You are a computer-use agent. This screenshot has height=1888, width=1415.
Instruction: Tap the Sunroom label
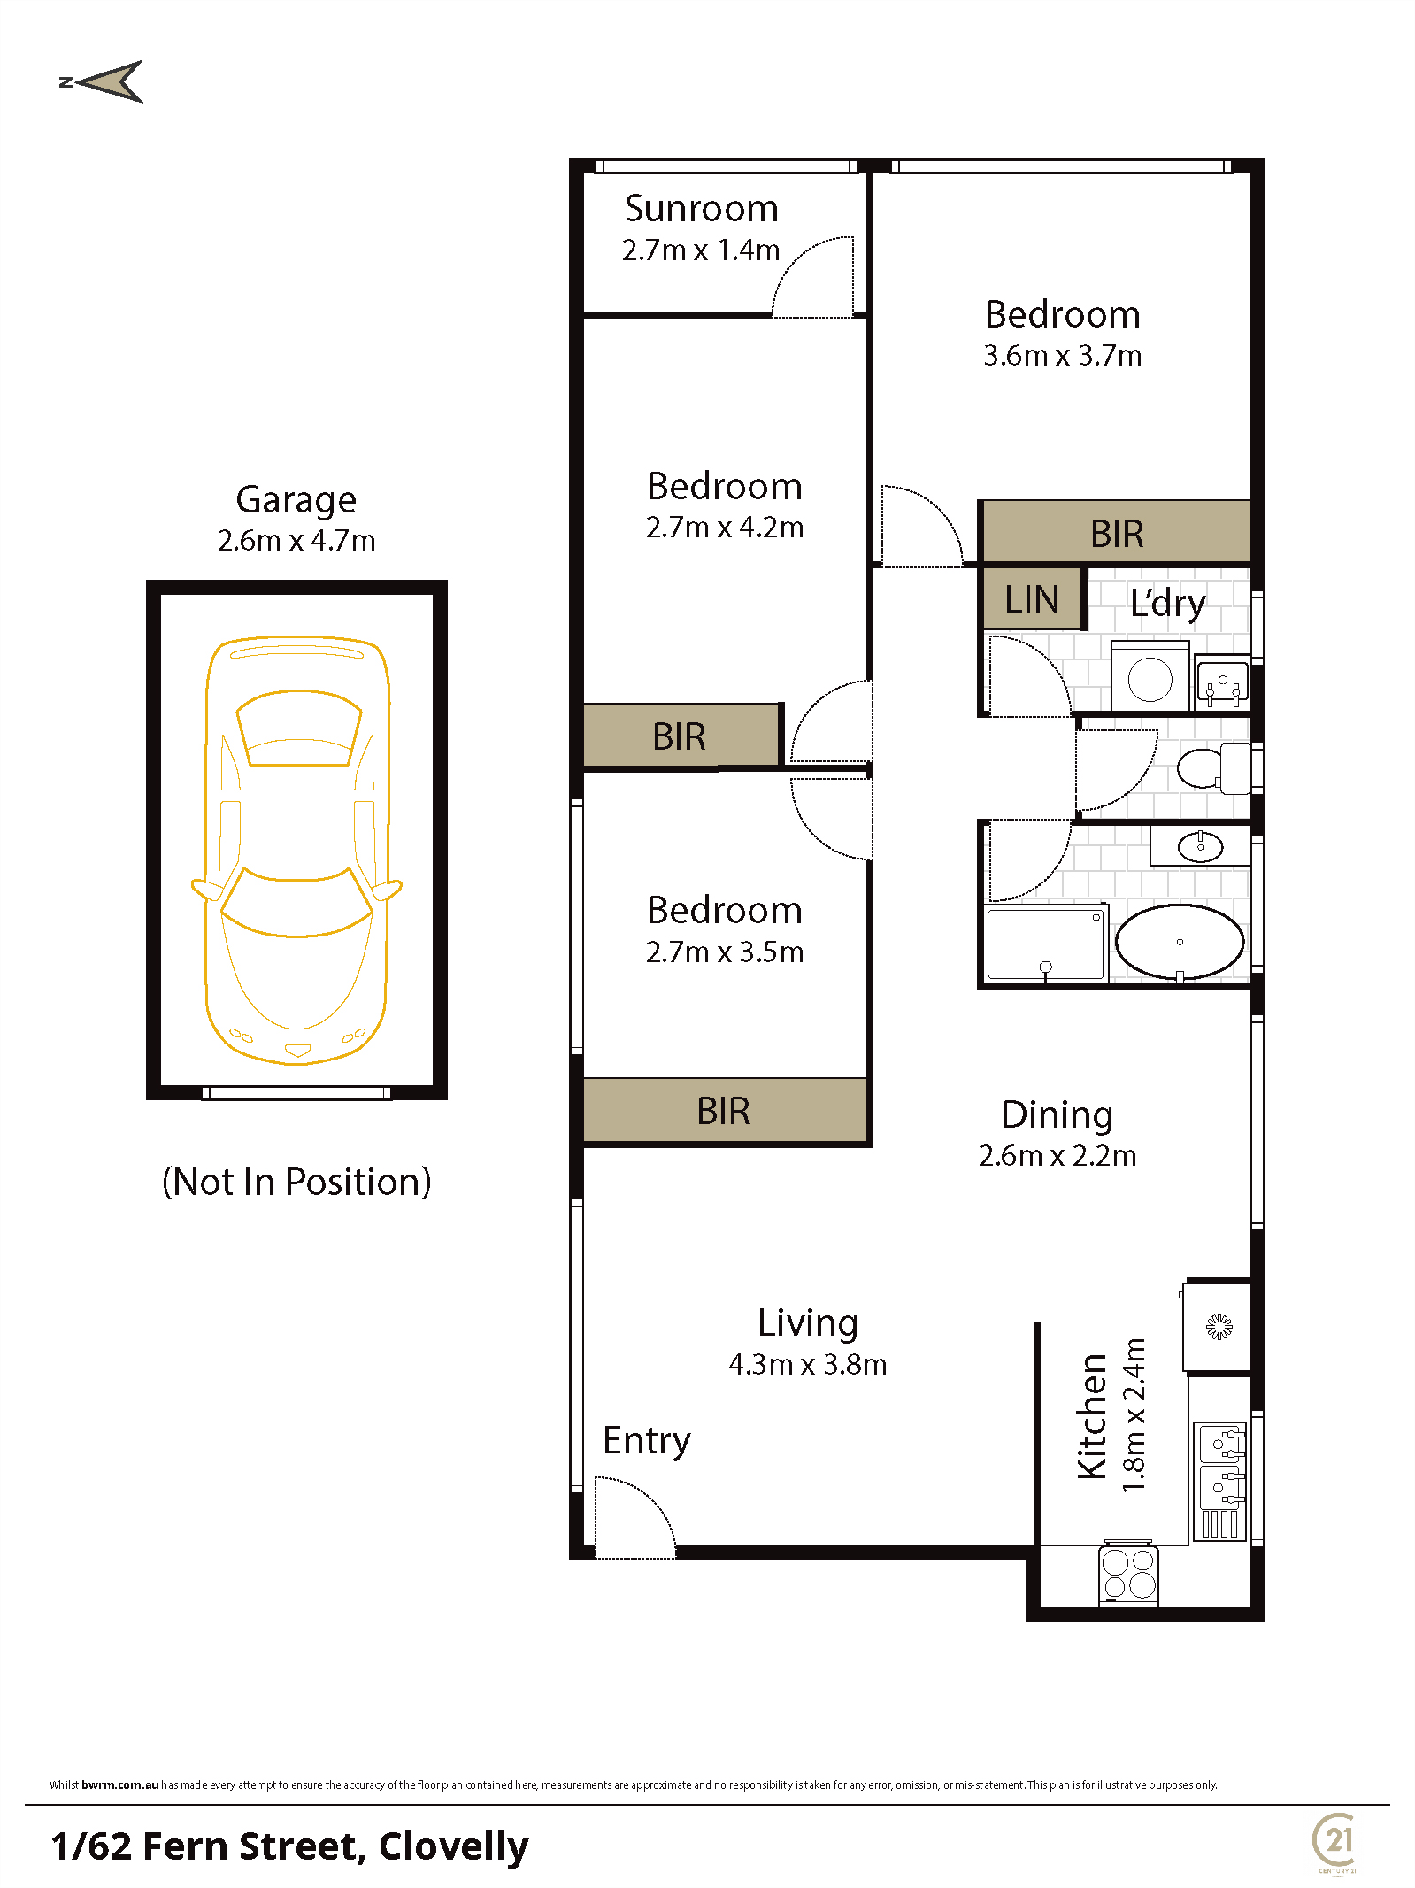[x=701, y=209]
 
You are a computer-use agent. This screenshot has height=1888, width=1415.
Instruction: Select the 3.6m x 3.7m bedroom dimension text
[x=1062, y=356]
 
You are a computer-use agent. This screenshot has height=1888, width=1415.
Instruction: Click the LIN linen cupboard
[x=1033, y=598]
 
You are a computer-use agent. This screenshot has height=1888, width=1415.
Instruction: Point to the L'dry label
[x=1167, y=603]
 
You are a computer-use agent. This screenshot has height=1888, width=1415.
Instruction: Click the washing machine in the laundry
[x=1150, y=677]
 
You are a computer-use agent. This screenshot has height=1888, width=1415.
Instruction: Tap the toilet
[x=1213, y=767]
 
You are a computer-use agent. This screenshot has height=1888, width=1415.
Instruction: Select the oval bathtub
[x=1180, y=942]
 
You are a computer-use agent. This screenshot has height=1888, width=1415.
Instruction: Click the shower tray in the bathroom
[x=1046, y=942]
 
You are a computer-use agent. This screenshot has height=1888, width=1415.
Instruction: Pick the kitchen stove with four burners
[x=1129, y=1573]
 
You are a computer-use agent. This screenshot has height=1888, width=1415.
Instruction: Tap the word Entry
[x=646, y=1441]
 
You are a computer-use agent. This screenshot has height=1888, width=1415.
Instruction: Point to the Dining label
[x=1057, y=1115]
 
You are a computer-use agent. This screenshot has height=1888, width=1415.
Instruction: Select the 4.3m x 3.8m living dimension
[x=807, y=1365]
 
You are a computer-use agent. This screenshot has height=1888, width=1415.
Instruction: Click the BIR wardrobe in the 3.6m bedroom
[x=1116, y=533]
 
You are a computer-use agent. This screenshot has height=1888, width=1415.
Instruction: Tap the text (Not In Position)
[x=296, y=1183]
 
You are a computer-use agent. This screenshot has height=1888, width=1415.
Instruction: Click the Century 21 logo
[x=1336, y=1842]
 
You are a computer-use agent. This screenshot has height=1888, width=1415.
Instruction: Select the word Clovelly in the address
[x=453, y=1846]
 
